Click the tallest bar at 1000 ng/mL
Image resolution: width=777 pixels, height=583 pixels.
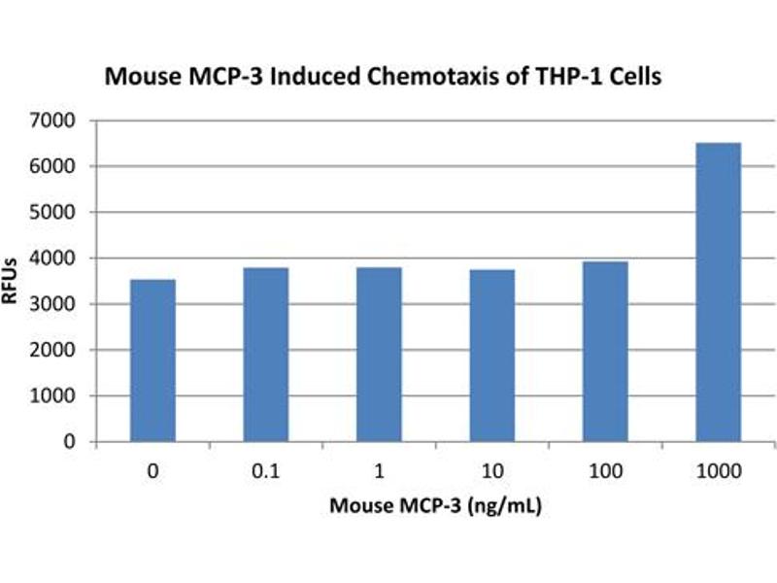pos(719,292)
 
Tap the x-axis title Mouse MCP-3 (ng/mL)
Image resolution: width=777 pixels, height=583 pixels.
pos(434,507)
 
